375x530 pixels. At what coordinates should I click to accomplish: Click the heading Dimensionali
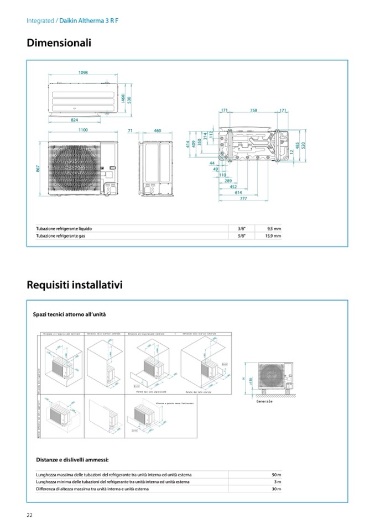[59, 43]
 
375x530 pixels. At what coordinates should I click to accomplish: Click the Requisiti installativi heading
[75, 285]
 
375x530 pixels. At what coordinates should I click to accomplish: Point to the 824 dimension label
[74, 120]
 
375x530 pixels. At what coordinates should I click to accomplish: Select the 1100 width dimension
[83, 130]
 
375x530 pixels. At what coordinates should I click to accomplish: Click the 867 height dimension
[38, 169]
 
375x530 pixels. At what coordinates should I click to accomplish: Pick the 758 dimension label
[253, 111]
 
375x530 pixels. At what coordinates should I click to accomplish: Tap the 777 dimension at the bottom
[243, 198]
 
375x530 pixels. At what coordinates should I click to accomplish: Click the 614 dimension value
[238, 192]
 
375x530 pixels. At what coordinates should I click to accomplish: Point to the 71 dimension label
[130, 130]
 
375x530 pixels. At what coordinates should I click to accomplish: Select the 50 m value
[277, 475]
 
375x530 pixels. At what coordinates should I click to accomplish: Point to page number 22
[30, 515]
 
